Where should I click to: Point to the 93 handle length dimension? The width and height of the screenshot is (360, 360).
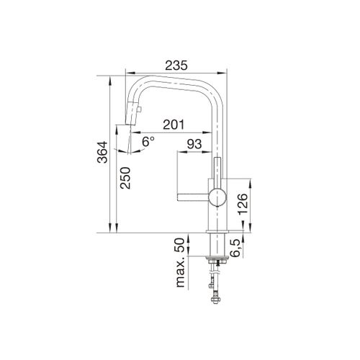click(194, 145)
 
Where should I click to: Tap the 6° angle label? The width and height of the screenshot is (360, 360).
click(148, 143)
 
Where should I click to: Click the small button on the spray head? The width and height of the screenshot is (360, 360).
click(141, 110)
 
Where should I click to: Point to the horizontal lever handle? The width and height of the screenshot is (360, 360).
click(191, 194)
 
